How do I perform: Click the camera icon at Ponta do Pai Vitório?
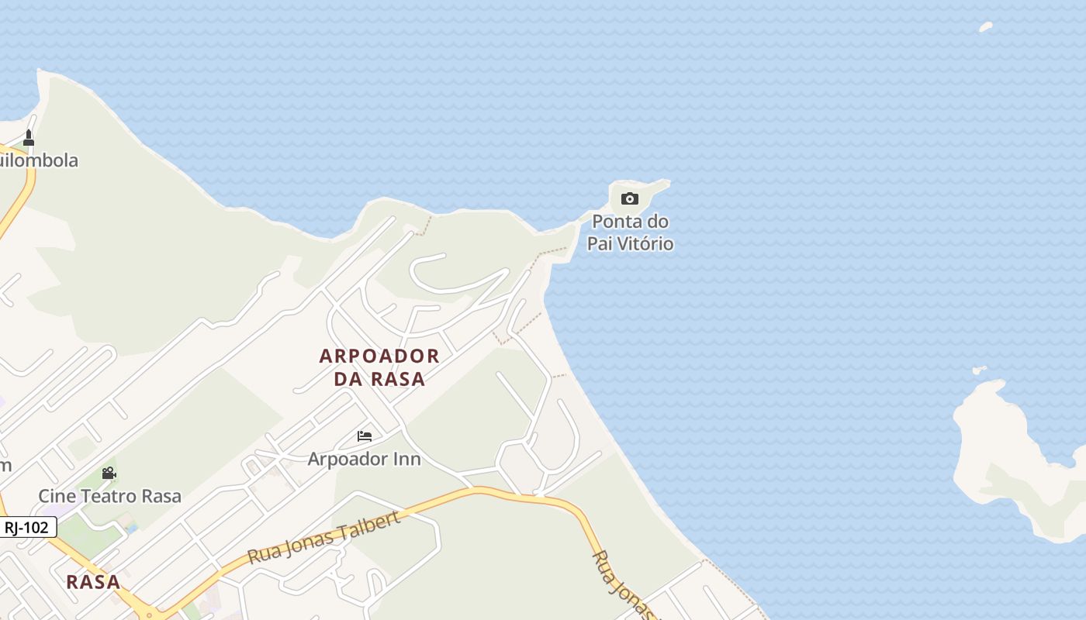630,199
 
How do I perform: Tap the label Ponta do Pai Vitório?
630,232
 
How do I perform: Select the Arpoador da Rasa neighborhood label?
379,367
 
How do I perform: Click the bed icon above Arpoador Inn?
364,436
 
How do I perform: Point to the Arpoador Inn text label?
364,459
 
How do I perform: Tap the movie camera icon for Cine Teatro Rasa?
109,473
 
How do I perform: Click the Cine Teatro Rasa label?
109,496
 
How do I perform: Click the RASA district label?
93,582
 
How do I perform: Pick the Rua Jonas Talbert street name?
324,537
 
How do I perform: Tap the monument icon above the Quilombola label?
29,138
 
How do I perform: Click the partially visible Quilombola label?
39,160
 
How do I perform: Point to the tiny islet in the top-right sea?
986,27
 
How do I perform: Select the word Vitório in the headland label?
643,244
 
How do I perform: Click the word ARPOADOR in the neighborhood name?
379,356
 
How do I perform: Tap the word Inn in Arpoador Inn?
406,459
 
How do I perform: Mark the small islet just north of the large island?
980,370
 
